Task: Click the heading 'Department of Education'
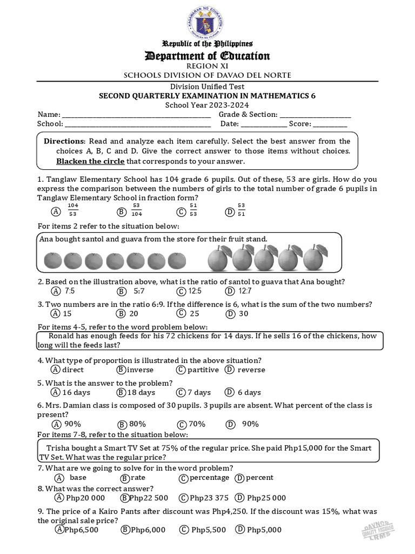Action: click(x=207, y=56)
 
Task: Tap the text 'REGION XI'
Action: click(x=207, y=65)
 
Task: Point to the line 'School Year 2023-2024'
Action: click(x=207, y=105)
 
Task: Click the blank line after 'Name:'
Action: click(x=136, y=115)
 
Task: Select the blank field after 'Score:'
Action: click(x=330, y=124)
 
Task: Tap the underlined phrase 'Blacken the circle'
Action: click(x=90, y=161)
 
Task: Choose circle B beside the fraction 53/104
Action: click(x=122, y=212)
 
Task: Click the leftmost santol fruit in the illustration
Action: click(x=52, y=261)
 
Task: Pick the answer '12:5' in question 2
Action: click(x=193, y=291)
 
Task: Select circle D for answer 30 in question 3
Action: click(x=231, y=313)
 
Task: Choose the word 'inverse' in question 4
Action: click(x=140, y=370)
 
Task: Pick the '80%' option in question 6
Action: click(x=137, y=424)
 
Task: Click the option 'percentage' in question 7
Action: click(x=207, y=478)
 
